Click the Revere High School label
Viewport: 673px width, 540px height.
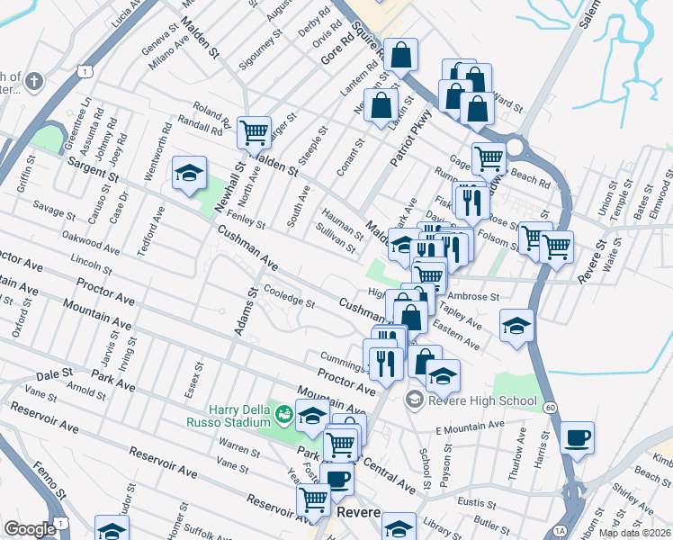tap(484, 400)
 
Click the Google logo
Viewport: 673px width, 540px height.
tap(30, 529)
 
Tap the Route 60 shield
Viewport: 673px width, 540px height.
tap(550, 407)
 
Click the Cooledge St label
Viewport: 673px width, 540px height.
tap(288, 296)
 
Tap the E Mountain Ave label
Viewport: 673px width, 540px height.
tap(471, 425)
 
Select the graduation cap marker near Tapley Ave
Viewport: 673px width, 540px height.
tap(516, 326)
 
